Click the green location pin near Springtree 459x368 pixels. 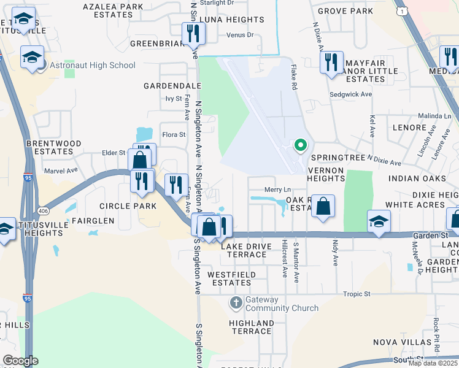[300, 145]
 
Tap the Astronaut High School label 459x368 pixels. [93, 65]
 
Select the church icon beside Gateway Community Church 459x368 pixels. [236, 302]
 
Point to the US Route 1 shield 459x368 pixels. [401, 12]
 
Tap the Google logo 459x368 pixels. [20, 361]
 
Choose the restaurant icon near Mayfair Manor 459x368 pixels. [331, 61]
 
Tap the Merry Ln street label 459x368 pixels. [277, 190]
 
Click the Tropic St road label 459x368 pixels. [357, 294]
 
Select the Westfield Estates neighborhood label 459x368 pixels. [229, 278]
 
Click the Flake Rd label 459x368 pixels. [294, 78]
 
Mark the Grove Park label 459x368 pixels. [345, 11]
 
